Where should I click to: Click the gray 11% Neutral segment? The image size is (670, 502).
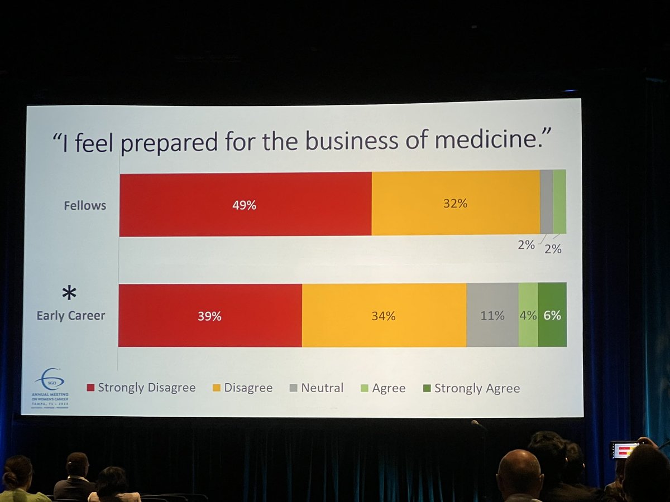click(492, 315)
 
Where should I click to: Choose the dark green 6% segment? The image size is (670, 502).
click(552, 315)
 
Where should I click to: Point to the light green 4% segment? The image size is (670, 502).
click(528, 315)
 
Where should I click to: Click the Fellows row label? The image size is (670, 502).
click(85, 205)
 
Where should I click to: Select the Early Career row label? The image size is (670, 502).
click(71, 316)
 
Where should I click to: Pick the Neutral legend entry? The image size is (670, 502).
click(317, 388)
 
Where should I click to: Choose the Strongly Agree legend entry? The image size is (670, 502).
click(471, 388)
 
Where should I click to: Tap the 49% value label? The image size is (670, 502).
click(245, 205)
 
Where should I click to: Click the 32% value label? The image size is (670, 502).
click(455, 203)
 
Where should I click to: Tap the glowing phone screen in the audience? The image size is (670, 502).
click(624, 450)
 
